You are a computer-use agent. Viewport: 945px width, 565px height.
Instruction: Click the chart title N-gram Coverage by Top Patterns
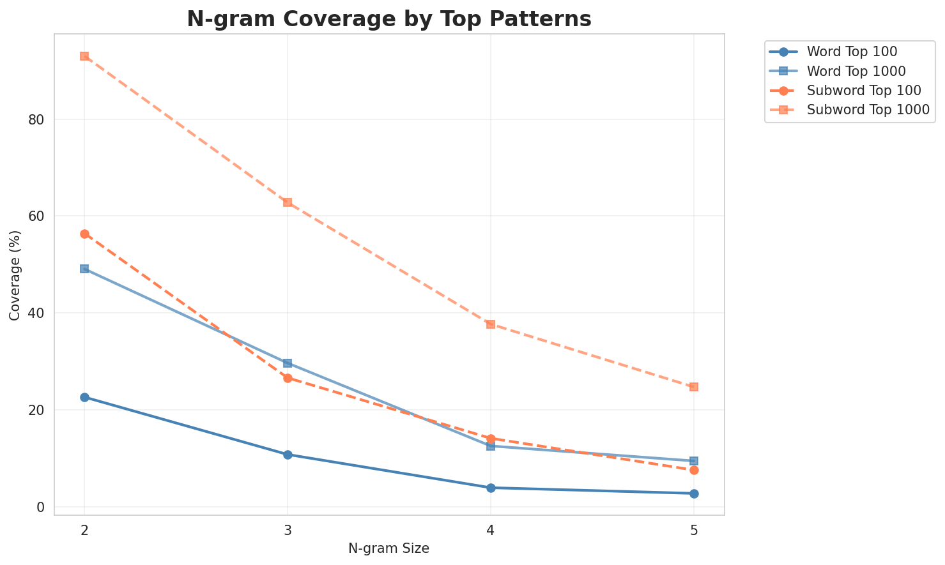[x=388, y=19]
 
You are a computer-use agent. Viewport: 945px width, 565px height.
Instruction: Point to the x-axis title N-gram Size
[x=388, y=548]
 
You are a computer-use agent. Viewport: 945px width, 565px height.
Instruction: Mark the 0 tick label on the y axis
[x=40, y=507]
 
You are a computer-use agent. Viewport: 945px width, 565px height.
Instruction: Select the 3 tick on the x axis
[x=288, y=531]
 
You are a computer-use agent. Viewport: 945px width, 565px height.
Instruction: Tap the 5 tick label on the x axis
[x=694, y=531]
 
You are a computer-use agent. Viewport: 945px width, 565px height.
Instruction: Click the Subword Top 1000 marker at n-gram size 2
[x=84, y=56]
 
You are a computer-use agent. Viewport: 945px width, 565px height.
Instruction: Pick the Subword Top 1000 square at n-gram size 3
[x=288, y=202]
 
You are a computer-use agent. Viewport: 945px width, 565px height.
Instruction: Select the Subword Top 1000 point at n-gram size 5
[x=694, y=387]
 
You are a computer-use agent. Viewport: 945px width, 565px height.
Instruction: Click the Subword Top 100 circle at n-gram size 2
[x=84, y=234]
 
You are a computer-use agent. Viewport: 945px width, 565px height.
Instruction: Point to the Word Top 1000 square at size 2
[x=84, y=269]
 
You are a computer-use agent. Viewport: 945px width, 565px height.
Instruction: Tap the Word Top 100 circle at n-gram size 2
[x=84, y=397]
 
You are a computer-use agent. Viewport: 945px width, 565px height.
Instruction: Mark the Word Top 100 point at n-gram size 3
[x=288, y=455]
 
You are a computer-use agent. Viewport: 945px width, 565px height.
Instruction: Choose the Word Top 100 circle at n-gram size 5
[x=694, y=493]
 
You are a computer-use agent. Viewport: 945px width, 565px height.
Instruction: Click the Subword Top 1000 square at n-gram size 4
[x=491, y=324]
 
